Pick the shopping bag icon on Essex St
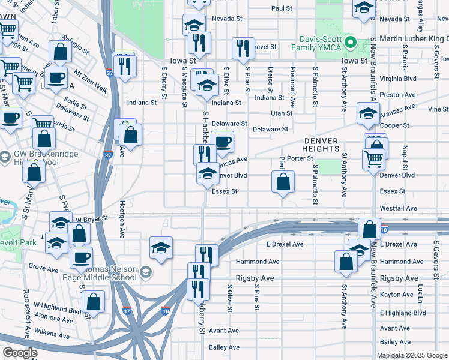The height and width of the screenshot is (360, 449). point(283,182)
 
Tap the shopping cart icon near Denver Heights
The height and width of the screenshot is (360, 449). point(373,160)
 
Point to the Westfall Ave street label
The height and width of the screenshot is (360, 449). point(397,208)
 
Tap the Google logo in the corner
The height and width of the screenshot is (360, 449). point(20,353)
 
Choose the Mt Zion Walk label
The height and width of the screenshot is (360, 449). point(91,82)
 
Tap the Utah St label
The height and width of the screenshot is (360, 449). point(281,113)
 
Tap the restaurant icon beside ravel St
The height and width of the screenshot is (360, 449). point(242,49)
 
